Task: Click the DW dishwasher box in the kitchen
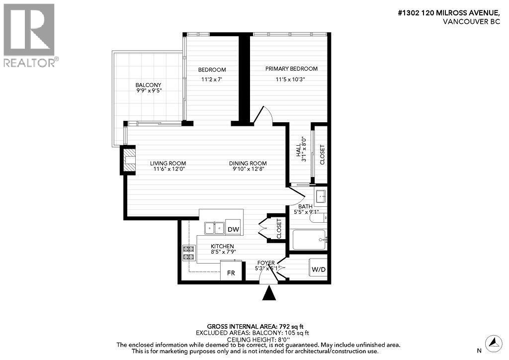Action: pyautogui.click(x=233, y=229)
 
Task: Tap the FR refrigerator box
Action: pyautogui.click(x=231, y=273)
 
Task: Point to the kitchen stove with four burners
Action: pyautogui.click(x=189, y=253)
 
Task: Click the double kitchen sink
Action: pyautogui.click(x=215, y=228)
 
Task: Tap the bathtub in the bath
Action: pyautogui.click(x=309, y=240)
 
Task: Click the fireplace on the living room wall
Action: pyautogui.click(x=129, y=161)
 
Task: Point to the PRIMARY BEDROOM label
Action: pyautogui.click(x=291, y=69)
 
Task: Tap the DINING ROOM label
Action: pyautogui.click(x=248, y=163)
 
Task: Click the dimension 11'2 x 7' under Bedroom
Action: pyautogui.click(x=212, y=79)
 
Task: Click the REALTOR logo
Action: pyautogui.click(x=29, y=35)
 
